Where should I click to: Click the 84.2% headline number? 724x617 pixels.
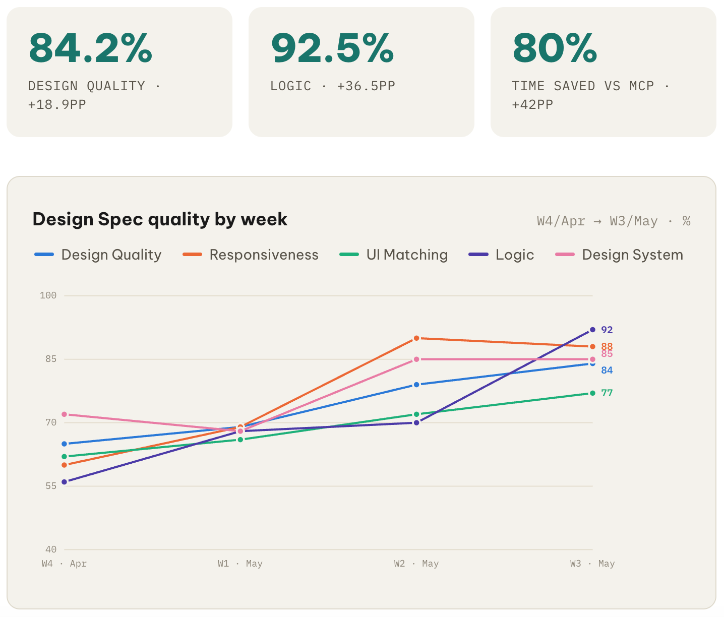click(x=90, y=48)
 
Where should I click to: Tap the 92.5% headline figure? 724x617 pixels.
click(x=332, y=48)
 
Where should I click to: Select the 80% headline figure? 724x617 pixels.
click(x=555, y=48)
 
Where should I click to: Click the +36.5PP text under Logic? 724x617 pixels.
click(x=366, y=86)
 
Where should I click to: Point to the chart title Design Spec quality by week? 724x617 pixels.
click(x=160, y=219)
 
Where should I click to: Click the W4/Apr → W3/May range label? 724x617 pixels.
click(x=597, y=221)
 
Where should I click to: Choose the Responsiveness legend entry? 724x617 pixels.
click(x=251, y=255)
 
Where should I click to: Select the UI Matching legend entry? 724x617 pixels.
click(x=393, y=255)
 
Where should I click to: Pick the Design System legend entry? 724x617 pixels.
click(x=619, y=255)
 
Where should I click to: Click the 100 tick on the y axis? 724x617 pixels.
click(x=48, y=295)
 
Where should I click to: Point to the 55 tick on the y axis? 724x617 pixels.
click(x=51, y=486)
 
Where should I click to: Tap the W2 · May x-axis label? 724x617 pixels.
click(x=416, y=564)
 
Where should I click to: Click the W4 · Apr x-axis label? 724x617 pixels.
click(x=64, y=564)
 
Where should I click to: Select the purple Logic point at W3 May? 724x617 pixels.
click(x=592, y=330)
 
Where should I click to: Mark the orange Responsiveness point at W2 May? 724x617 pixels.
click(x=416, y=338)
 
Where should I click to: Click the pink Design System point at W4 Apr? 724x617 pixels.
click(x=64, y=414)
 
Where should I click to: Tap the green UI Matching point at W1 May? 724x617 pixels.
click(x=240, y=440)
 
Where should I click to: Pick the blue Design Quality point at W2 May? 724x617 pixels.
click(x=416, y=385)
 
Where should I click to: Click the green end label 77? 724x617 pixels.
click(x=607, y=393)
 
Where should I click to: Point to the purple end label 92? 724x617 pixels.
click(x=607, y=330)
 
